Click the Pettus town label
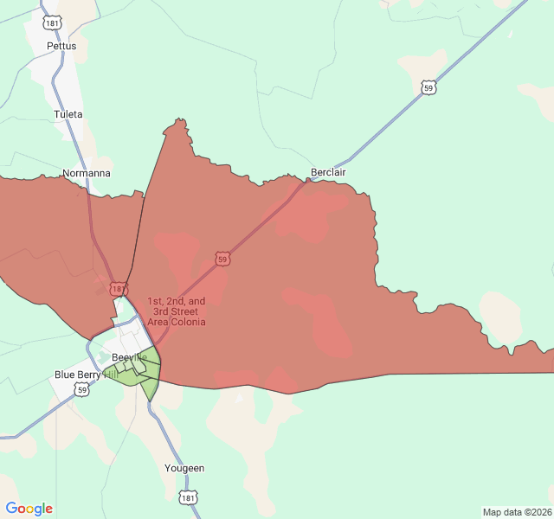point(61,46)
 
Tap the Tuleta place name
point(68,114)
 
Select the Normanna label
point(87,174)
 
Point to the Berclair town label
point(328,172)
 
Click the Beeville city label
point(129,357)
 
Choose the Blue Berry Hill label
point(86,375)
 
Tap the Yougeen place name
point(184,468)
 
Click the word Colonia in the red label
point(187,322)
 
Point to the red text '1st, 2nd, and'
point(177,301)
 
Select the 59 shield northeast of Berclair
point(428,87)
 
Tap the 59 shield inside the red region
point(223,259)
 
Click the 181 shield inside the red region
point(118,288)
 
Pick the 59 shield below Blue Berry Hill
point(82,390)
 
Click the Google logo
point(29,509)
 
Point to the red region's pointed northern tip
point(179,121)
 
